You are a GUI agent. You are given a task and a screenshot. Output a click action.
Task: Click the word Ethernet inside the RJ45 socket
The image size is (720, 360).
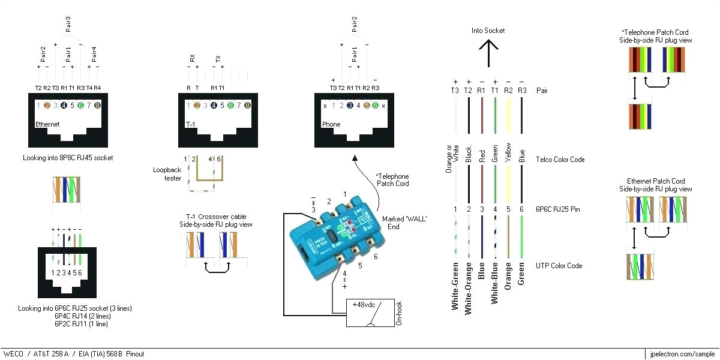click(48, 124)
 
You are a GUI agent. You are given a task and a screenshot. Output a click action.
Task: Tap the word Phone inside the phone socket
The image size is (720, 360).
click(331, 124)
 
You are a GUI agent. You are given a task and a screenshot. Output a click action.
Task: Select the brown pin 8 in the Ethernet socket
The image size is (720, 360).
click(97, 106)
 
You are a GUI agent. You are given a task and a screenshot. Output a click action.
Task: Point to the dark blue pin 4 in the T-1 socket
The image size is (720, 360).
click(214, 106)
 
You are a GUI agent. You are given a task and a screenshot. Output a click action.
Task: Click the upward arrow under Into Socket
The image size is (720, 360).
click(488, 53)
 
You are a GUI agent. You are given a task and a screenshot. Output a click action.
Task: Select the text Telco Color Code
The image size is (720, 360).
click(560, 160)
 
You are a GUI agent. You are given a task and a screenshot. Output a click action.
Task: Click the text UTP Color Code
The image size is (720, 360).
click(559, 266)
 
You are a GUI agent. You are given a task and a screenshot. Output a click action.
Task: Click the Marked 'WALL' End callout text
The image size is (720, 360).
click(404, 223)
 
